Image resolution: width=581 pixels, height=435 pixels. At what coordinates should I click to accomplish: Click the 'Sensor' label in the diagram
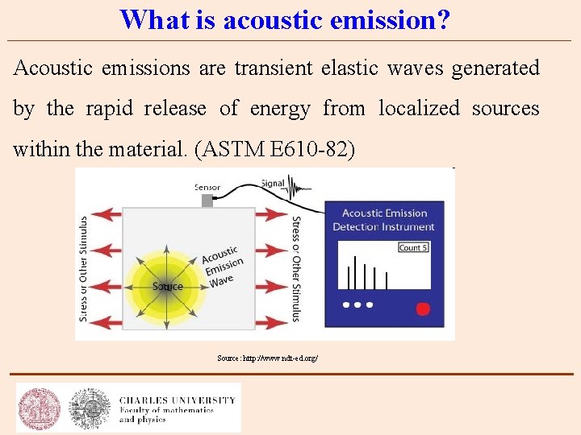point(207,187)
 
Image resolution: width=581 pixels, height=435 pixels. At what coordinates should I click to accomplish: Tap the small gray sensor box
point(207,201)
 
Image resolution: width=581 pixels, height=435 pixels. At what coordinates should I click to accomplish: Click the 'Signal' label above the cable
point(273,183)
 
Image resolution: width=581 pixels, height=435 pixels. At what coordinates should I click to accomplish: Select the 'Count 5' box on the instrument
point(412,247)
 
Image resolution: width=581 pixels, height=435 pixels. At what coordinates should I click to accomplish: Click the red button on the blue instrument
point(422,309)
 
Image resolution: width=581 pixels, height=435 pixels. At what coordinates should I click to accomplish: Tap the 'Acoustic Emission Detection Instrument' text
point(384,220)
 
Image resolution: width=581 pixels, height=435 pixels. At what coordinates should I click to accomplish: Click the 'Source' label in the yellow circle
point(167,287)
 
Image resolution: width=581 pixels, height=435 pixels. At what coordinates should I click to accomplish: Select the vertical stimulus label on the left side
point(82,267)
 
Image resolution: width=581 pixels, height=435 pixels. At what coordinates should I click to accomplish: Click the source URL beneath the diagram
point(267,357)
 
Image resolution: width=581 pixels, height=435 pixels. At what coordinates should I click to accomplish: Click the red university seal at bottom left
point(40,407)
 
